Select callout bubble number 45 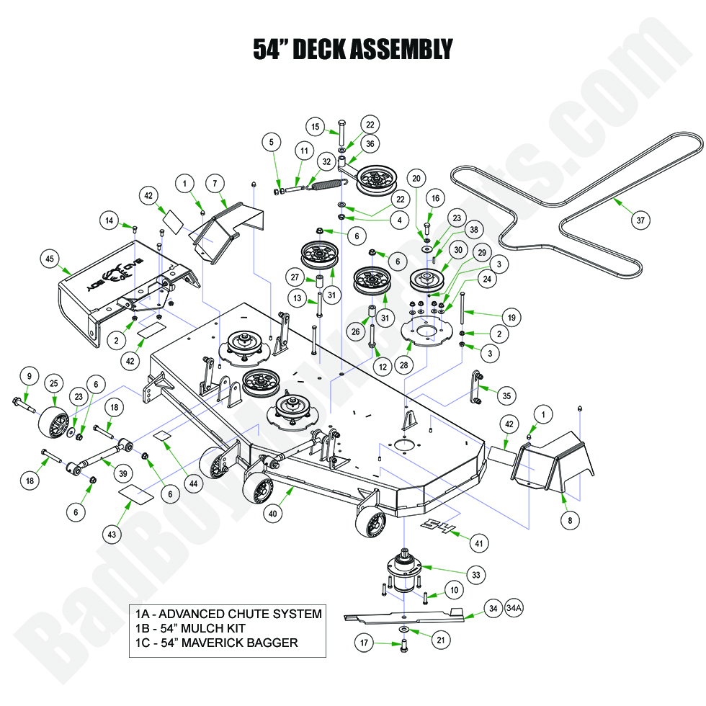50,258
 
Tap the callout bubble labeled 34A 514,609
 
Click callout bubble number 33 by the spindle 475,574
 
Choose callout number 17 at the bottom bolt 365,643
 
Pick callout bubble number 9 29,375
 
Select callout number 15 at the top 315,127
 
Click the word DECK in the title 323,49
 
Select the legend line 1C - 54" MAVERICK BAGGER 216,643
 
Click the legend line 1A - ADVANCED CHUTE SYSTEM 228,614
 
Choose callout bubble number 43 111,534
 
